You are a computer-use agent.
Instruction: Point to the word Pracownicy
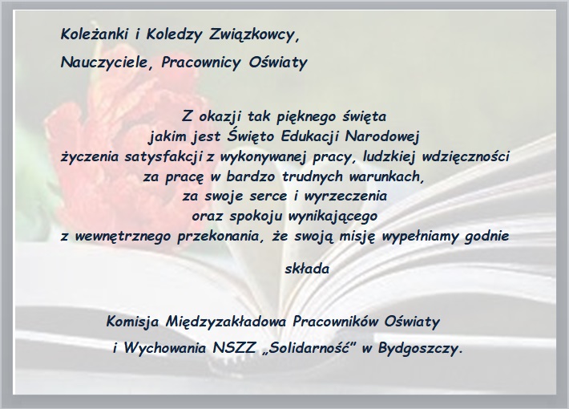(x=200, y=63)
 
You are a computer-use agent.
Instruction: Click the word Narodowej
(x=382, y=137)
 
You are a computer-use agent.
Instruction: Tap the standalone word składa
(x=307, y=269)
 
